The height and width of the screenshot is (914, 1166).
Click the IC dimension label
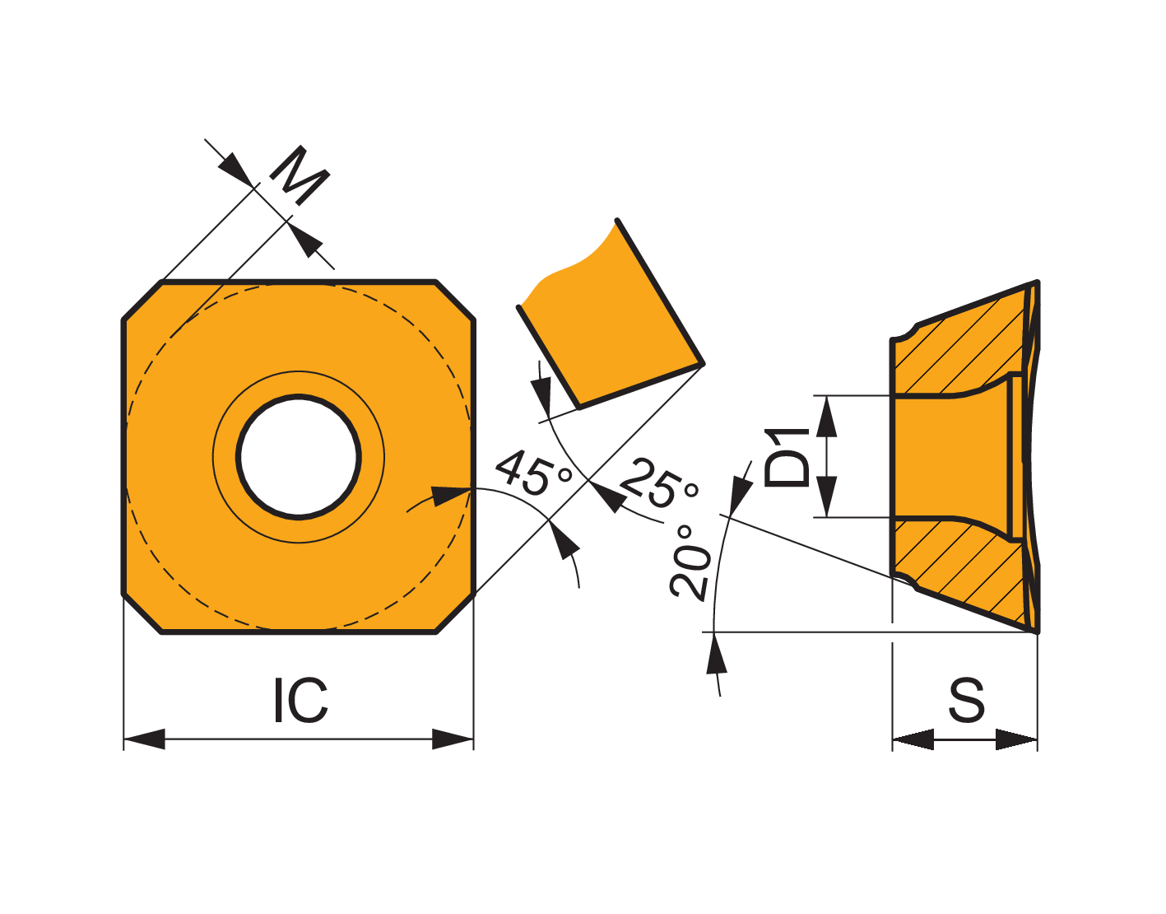[x=300, y=700]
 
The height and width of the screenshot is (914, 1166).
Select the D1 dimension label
[x=787, y=457]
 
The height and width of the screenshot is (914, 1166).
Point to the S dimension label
[x=966, y=700]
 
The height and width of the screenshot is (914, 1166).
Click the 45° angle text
[x=533, y=473]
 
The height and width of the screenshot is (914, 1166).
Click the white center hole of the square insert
[x=299, y=457]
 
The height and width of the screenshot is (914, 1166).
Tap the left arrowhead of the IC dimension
[x=144, y=739]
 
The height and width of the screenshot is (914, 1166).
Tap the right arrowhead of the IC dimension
[x=453, y=739]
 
